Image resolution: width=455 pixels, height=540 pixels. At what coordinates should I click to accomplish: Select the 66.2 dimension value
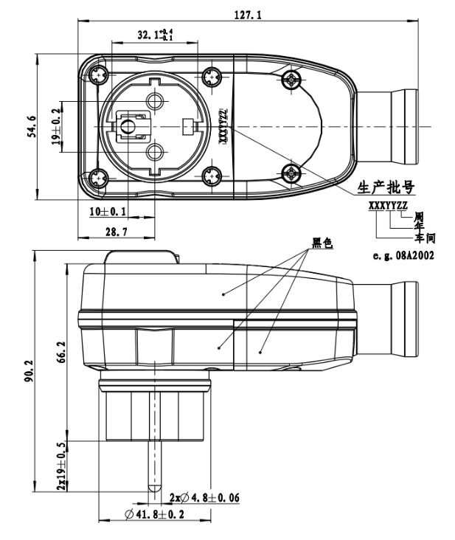[x=63, y=347]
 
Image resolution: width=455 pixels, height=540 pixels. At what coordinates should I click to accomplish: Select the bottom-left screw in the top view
[x=100, y=178]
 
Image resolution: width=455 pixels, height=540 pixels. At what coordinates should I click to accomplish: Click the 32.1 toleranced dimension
[x=153, y=35]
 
